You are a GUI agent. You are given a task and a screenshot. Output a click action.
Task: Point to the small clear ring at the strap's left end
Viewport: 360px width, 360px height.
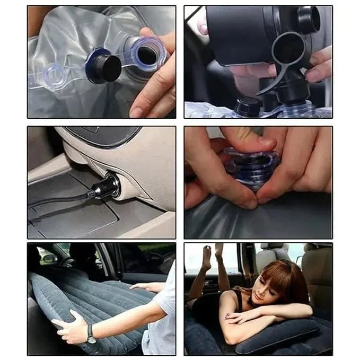[x=55, y=76]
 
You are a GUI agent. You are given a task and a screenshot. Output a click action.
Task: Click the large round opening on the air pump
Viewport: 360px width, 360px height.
[x=288, y=49]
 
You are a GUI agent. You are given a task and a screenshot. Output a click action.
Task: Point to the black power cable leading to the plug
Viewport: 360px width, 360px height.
[x=58, y=201]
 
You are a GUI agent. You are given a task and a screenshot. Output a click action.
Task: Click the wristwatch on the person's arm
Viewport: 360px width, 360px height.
[x=92, y=335]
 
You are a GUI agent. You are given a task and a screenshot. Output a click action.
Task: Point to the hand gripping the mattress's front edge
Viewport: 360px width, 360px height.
[x=69, y=329]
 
